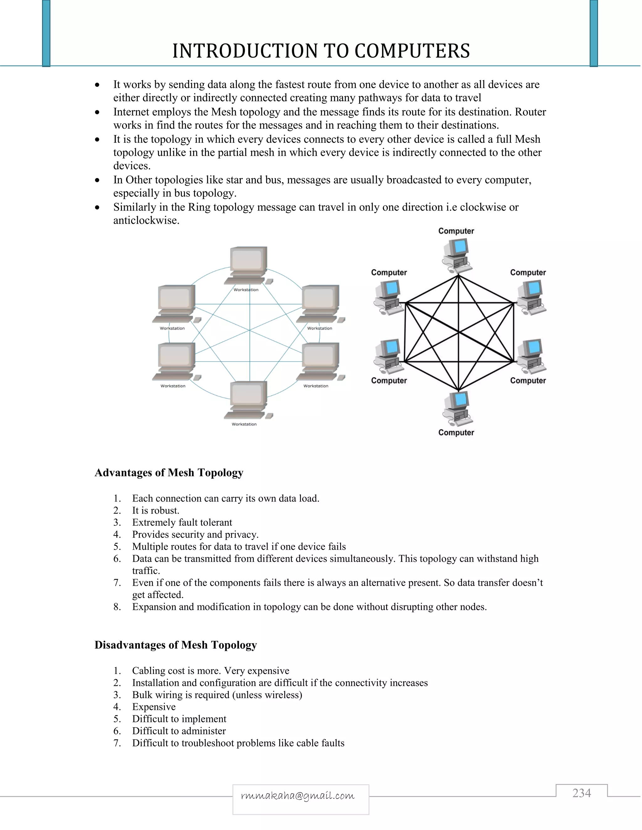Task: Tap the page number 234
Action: point(581,793)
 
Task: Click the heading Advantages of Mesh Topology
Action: point(169,472)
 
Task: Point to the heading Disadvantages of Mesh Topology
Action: point(176,645)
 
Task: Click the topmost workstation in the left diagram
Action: point(248,265)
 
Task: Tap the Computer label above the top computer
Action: point(456,231)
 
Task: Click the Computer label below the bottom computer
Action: point(456,433)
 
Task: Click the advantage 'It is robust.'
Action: point(155,511)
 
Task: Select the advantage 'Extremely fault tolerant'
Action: point(182,522)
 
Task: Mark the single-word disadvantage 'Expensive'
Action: point(154,707)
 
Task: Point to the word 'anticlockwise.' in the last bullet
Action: point(146,221)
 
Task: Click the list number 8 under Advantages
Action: point(117,607)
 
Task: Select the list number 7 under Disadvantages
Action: point(117,743)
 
